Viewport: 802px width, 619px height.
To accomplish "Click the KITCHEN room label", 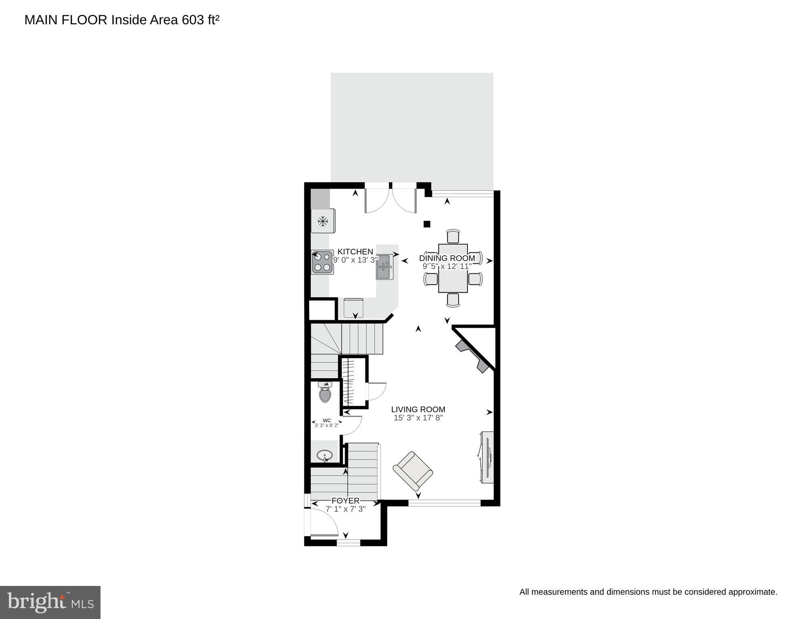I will pos(355,252).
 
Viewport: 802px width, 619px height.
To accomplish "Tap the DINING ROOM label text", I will pos(447,258).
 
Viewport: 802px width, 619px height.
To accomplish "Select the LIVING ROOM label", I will pos(418,409).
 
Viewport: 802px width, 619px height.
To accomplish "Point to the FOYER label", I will pos(346,501).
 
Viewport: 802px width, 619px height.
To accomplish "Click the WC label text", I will pos(327,420).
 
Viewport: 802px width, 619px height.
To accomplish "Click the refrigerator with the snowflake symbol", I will pos(322,221).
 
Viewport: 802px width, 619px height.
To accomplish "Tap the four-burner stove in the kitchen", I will pos(322,262).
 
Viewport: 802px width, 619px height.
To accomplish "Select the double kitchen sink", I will pos(384,267).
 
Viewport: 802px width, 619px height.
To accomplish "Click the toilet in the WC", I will pos(325,393).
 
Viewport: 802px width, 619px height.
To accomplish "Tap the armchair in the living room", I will pos(413,471).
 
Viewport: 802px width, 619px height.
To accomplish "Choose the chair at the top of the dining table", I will pos(453,236).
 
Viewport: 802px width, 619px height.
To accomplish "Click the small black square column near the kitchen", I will pos(427,224).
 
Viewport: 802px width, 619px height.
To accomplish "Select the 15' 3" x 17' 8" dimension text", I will pos(418,418).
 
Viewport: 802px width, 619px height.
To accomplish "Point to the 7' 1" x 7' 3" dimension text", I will pos(346,509).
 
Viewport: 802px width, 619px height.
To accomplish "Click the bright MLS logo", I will pos(50,602).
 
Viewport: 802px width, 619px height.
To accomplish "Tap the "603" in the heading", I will pos(193,20).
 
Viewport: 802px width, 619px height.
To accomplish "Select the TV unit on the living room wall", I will pos(488,457).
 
